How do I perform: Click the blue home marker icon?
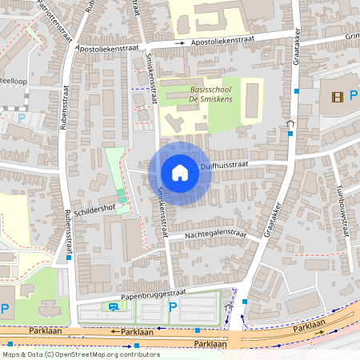pos(180,173)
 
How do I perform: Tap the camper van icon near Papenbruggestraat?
pos(114,306)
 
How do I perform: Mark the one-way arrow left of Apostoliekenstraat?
pos(182,42)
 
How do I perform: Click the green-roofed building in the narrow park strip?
pos(122,196)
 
